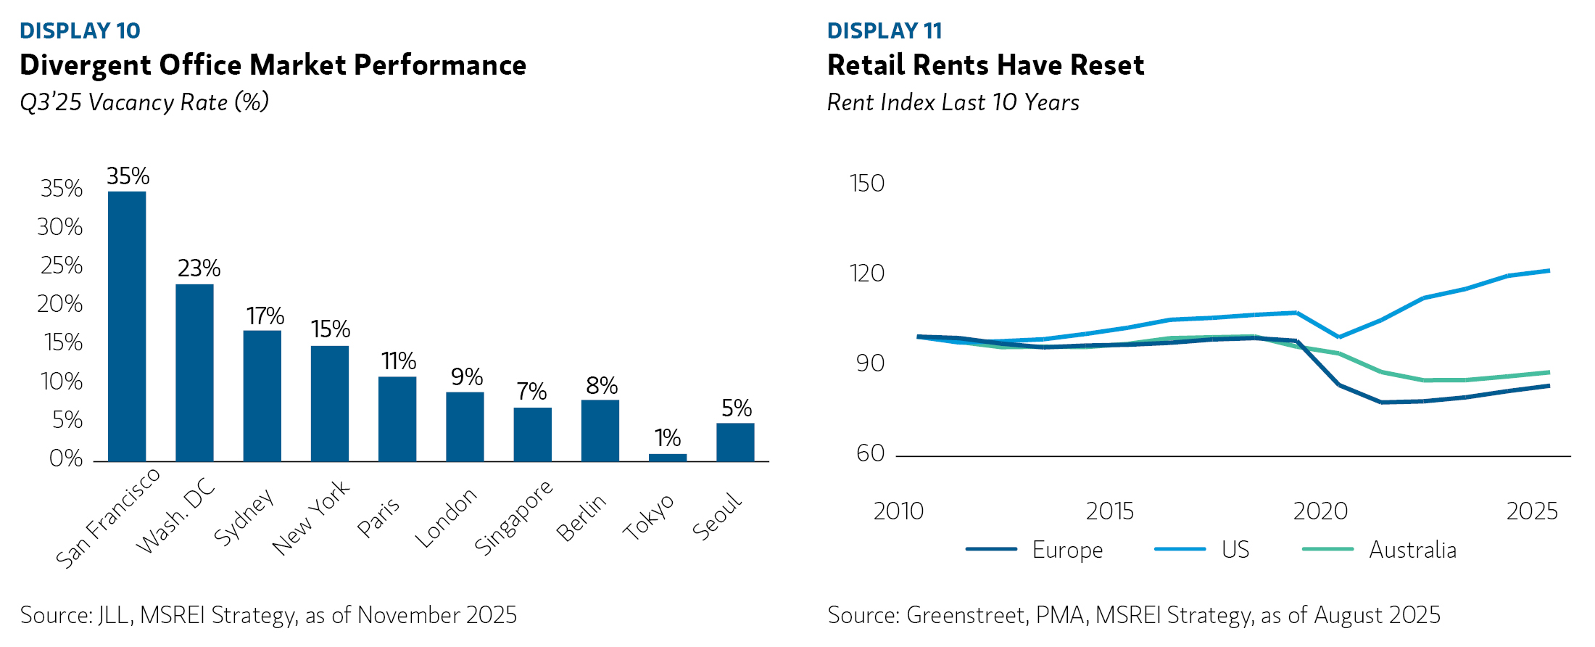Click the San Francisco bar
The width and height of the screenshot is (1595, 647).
[127, 326]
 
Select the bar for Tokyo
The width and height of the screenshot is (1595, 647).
[667, 458]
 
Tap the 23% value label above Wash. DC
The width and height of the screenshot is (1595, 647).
[199, 268]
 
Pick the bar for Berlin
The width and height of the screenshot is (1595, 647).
[600, 431]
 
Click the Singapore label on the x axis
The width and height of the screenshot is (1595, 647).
[513, 518]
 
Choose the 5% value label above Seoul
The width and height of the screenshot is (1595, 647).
[736, 408]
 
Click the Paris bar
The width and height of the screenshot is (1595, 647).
[397, 419]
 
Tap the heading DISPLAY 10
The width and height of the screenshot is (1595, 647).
[80, 30]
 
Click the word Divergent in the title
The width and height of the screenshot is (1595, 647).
[85, 65]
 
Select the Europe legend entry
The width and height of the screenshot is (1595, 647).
[1035, 550]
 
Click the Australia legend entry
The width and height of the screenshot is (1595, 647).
[1379, 550]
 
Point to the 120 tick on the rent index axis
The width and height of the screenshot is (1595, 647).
[866, 273]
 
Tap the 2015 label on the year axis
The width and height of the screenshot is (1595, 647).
[1109, 511]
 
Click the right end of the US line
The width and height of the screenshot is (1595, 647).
[1549, 271]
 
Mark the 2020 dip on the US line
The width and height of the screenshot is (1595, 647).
[1338, 337]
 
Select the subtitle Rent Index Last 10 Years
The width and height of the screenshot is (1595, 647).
[953, 102]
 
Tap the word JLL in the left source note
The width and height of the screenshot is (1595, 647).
[114, 615]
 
